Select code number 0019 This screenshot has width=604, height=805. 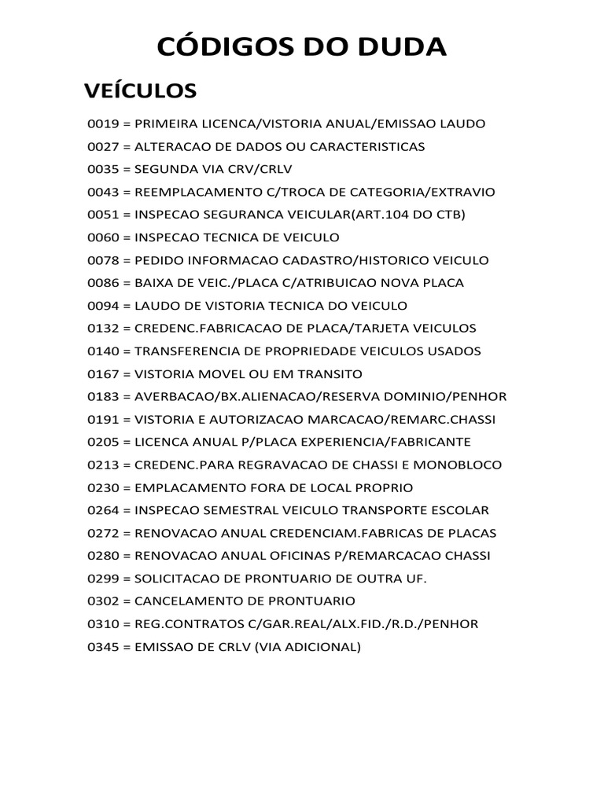pyautogui.click(x=101, y=124)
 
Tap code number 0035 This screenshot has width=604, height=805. pyautogui.click(x=101, y=170)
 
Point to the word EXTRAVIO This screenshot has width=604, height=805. pyautogui.click(x=463, y=193)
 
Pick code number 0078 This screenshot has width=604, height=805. pyautogui.click(x=101, y=260)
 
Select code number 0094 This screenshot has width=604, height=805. pyautogui.click(x=101, y=306)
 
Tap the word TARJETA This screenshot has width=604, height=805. pyautogui.click(x=392, y=329)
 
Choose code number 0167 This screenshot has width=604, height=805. pyautogui.click(x=101, y=373)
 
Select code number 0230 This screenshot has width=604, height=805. pyautogui.click(x=101, y=487)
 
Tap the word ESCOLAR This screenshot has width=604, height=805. pyautogui.click(x=461, y=510)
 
